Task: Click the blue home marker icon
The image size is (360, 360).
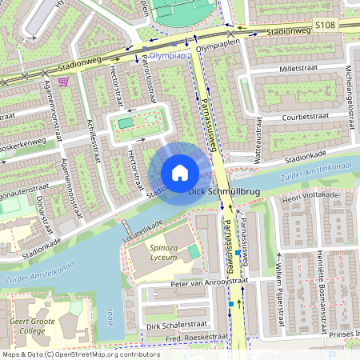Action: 180,173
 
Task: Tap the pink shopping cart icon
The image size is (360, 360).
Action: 63,82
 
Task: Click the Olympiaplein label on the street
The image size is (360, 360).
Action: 218,47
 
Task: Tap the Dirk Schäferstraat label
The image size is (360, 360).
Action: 175,326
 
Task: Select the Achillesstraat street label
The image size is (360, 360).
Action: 94,137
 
